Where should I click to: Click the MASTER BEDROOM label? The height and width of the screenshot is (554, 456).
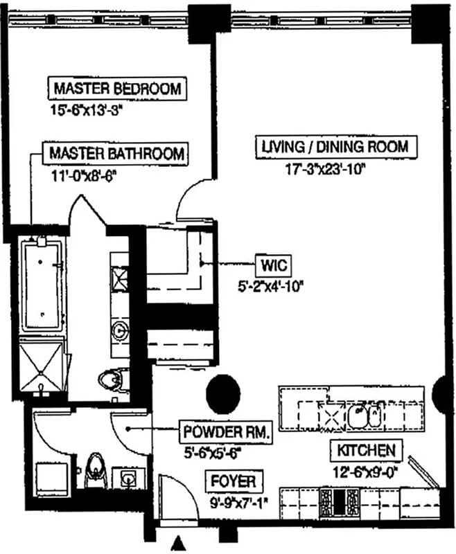click(117, 89)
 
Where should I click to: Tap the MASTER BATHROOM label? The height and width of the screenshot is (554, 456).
click(116, 153)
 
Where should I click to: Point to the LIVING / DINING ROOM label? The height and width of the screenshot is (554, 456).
click(339, 147)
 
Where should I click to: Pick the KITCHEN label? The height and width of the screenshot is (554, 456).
click(367, 451)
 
